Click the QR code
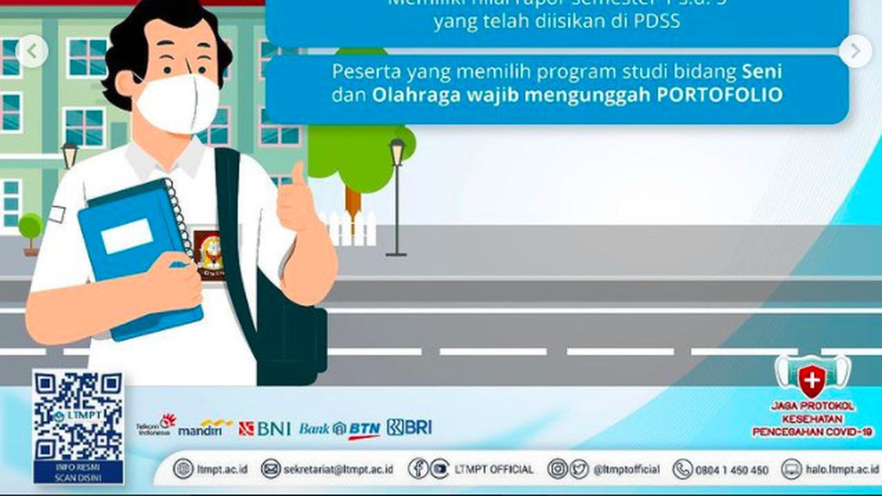(78, 417)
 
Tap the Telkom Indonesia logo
(156, 426)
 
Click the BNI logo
(265, 428)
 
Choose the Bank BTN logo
(340, 429)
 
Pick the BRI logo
(409, 427)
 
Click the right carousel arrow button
(855, 51)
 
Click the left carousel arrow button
(32, 51)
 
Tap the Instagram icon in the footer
(557, 469)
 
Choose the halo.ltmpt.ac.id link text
(841, 469)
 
